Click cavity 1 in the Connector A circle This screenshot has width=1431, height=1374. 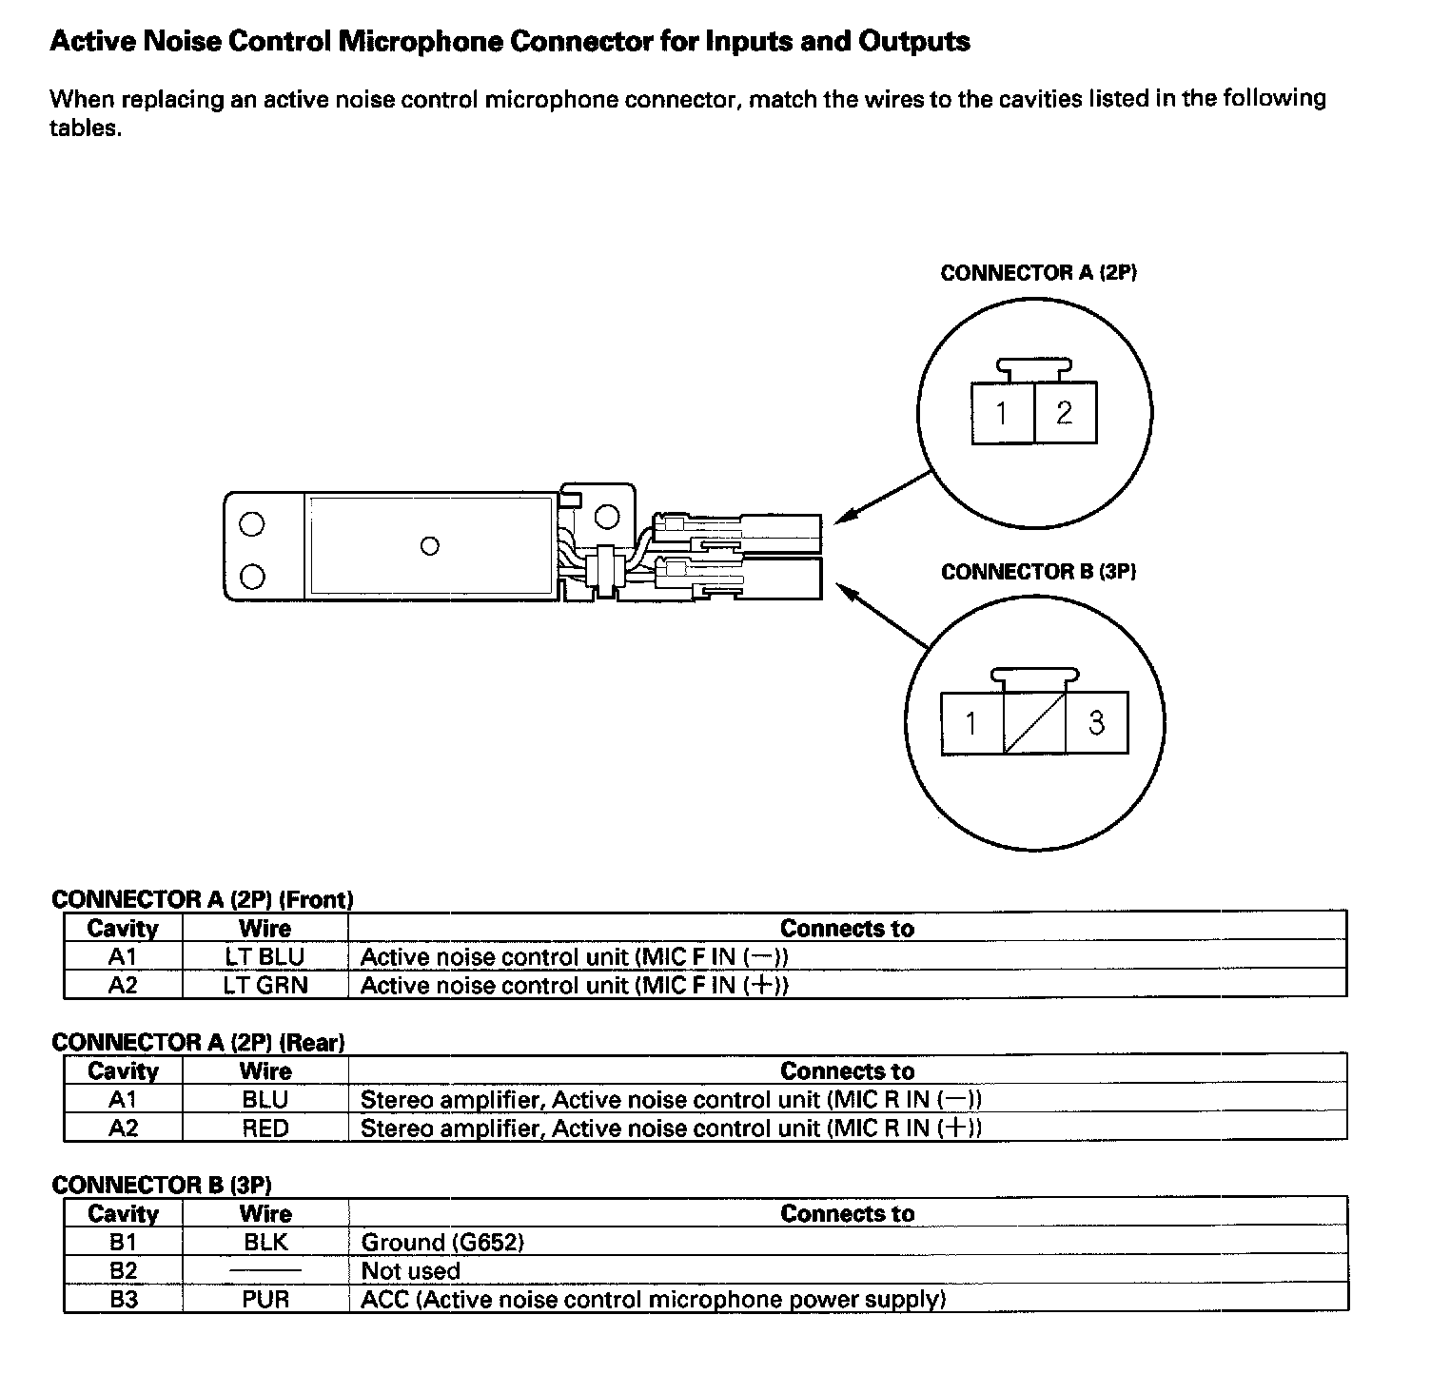pos(1002,413)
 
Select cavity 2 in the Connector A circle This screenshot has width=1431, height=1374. pos(1065,413)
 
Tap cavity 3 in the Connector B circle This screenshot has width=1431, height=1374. pos(1096,723)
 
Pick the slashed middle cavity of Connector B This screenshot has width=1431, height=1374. pos(1034,723)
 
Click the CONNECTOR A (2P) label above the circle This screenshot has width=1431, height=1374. pos(1038,273)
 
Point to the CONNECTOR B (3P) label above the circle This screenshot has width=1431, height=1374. pos(1038,572)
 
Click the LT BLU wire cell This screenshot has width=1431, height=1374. pos(265,956)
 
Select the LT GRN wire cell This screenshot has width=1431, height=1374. pos(265,985)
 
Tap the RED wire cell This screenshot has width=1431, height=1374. pos(265,1128)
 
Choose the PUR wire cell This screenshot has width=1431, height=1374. pos(265,1299)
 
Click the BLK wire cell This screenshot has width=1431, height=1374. pos(265,1242)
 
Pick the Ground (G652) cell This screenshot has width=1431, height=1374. pos(442,1242)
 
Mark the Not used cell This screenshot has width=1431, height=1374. pos(410,1270)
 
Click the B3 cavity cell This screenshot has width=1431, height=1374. pos(123,1299)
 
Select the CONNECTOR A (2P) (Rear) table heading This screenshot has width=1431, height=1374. pos(198,1042)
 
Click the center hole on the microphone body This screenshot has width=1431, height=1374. pos(430,546)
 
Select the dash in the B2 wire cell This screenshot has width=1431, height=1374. pos(265,1271)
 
